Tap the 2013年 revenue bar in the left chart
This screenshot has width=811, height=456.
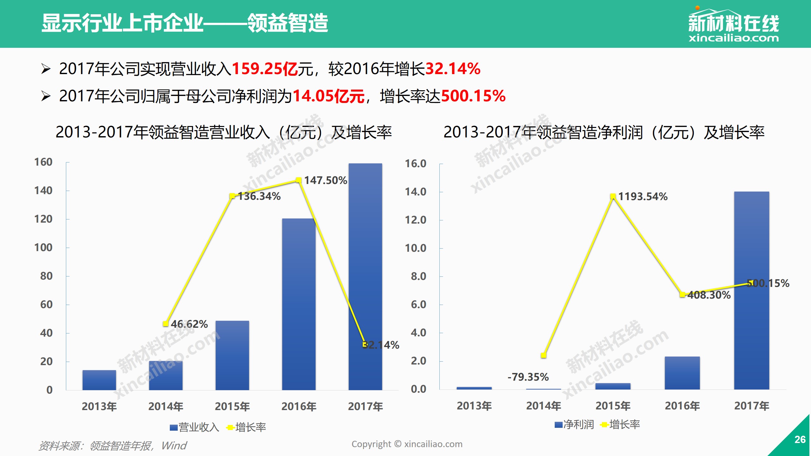point(99,380)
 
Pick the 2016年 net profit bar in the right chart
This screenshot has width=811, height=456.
point(682,373)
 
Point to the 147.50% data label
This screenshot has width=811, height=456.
point(326,180)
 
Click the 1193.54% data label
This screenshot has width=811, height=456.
point(643,197)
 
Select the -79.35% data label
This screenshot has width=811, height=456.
point(528,377)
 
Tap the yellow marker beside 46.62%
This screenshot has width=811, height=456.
point(165,324)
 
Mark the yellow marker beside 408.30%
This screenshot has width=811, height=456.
point(682,294)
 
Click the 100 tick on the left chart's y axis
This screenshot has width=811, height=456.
point(43,248)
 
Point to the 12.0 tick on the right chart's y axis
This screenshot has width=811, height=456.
point(416,220)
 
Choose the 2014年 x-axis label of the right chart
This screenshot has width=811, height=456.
point(543,406)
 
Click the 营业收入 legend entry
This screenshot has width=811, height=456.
point(194,427)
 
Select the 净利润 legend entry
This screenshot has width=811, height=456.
point(574,424)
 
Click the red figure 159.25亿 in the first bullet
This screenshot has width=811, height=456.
point(265,69)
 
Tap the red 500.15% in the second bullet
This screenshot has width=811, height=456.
point(473,96)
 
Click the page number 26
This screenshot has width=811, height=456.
point(800,439)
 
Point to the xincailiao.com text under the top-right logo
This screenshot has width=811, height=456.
point(733,39)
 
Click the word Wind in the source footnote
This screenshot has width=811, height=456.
point(174,446)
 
